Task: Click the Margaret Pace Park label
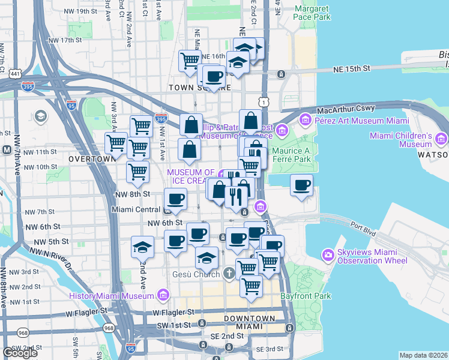(312, 13)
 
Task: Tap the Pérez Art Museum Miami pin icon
(305, 119)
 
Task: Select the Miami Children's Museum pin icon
(442, 140)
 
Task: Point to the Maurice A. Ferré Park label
(291, 155)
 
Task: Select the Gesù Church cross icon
(228, 274)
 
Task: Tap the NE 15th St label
(352, 69)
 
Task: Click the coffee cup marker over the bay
(302, 185)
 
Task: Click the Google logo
(20, 353)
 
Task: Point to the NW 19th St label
(78, 11)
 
